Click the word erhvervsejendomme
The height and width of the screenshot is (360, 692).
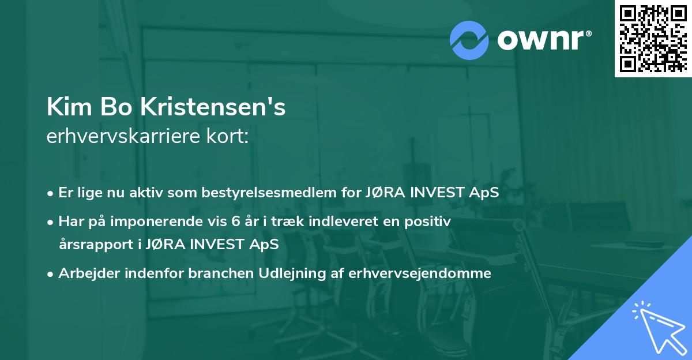coord(420,273)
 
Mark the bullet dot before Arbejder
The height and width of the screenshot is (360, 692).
coord(51,274)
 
